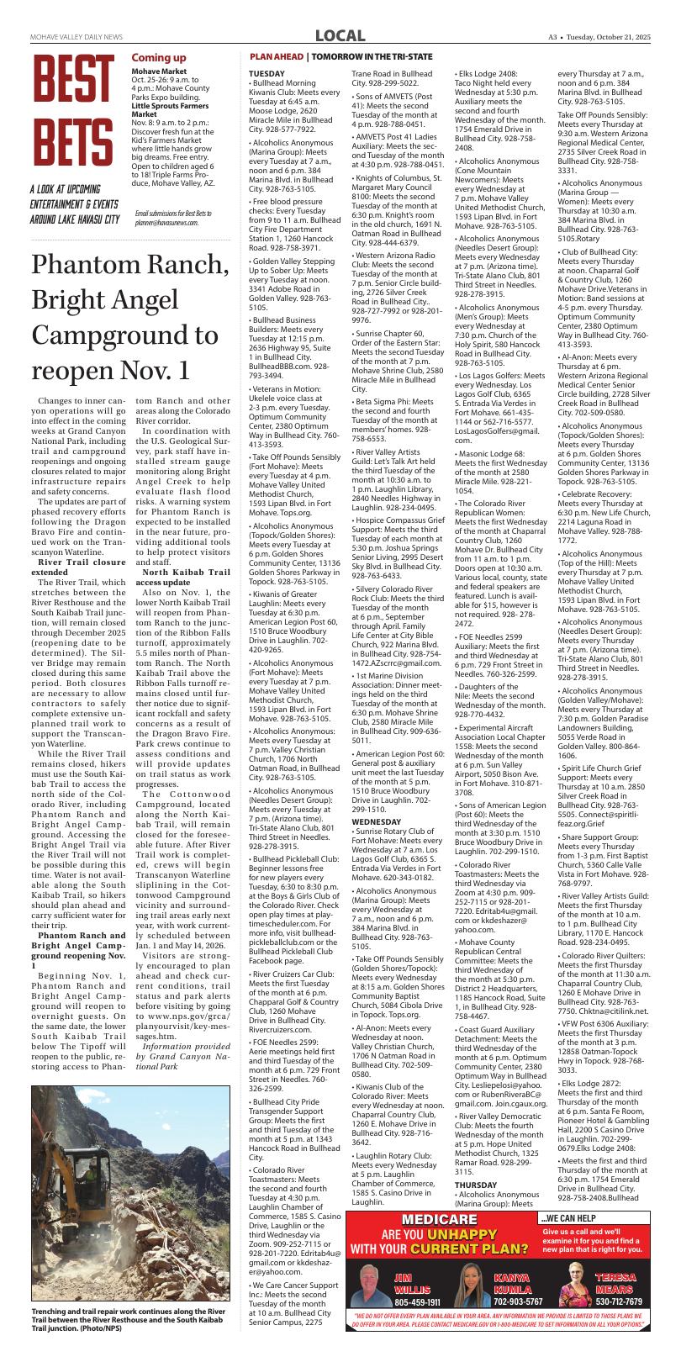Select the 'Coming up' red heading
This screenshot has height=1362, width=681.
pyautogui.click(x=159, y=57)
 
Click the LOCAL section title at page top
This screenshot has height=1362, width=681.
pyautogui.click(x=340, y=36)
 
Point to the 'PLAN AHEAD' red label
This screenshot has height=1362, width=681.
pyautogui.click(x=276, y=56)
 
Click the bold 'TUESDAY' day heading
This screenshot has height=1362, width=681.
pyautogui.click(x=267, y=74)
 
